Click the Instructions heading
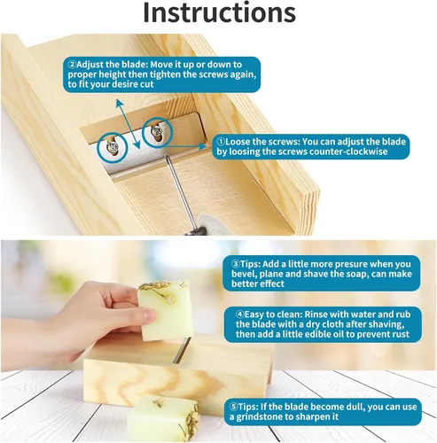click(x=219, y=12)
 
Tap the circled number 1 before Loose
click(x=221, y=142)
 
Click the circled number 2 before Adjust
click(x=72, y=65)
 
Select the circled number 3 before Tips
click(x=236, y=264)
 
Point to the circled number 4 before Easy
click(x=240, y=315)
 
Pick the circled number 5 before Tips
click(x=234, y=407)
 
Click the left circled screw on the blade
click(x=113, y=147)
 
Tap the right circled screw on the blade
click(x=156, y=131)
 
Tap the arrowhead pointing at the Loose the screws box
click(x=203, y=146)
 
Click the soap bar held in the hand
click(x=166, y=310)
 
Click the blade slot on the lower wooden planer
click(x=182, y=350)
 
